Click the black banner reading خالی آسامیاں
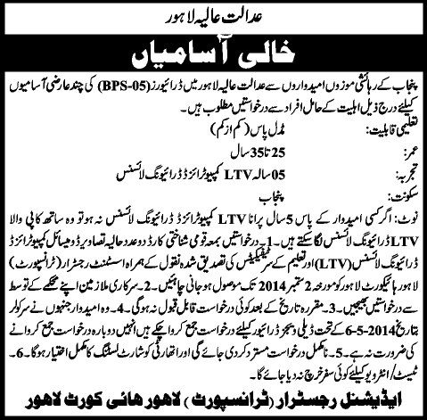tap(213, 50)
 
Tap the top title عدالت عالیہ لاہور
tap(213, 15)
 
